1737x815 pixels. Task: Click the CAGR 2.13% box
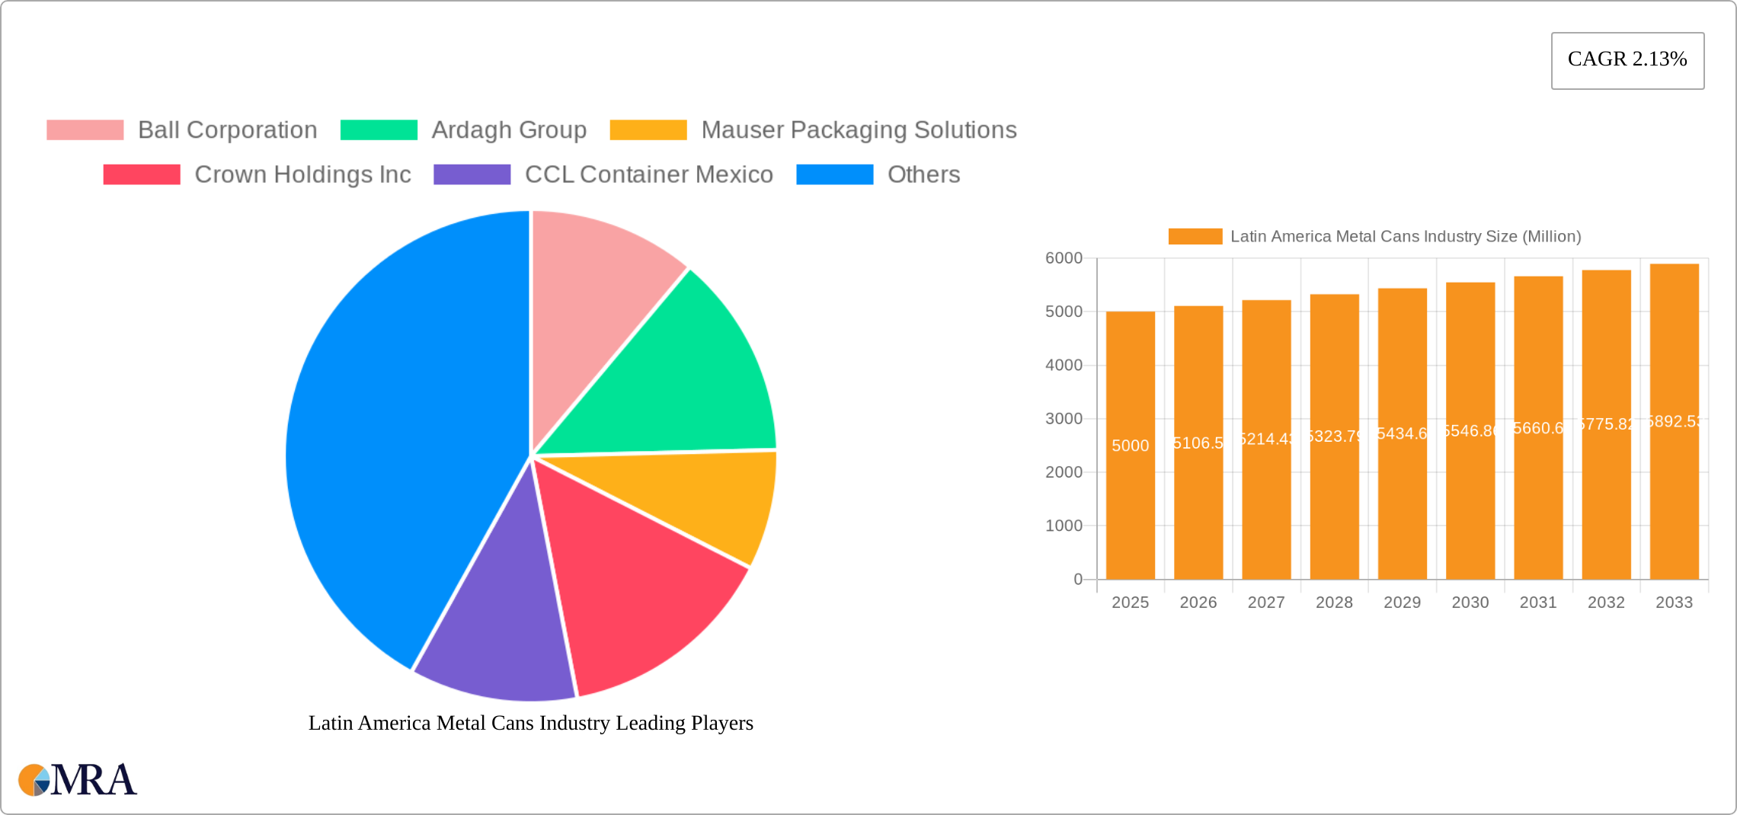pos(1627,60)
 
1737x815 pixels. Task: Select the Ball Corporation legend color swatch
pos(85,130)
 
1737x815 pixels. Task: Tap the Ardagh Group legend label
pos(508,130)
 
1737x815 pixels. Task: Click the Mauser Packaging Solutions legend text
pos(858,130)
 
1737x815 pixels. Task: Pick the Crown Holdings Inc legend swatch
pos(142,174)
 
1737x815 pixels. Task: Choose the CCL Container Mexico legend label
pos(648,174)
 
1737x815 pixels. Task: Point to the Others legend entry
pos(923,174)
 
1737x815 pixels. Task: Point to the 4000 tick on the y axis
pos(1064,366)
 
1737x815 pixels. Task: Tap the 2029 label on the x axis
pos(1402,602)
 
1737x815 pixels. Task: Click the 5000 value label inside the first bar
pos(1130,446)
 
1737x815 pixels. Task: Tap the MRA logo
pos(78,780)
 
